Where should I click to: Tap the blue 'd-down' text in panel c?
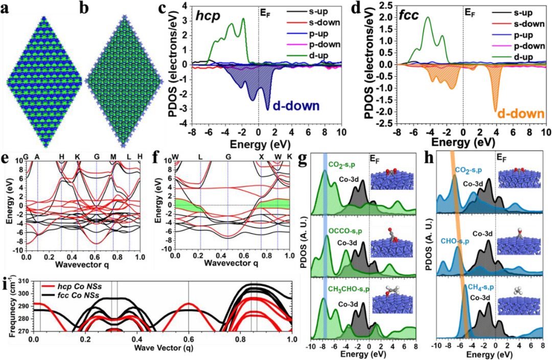point(295,106)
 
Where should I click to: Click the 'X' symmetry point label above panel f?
point(261,156)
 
